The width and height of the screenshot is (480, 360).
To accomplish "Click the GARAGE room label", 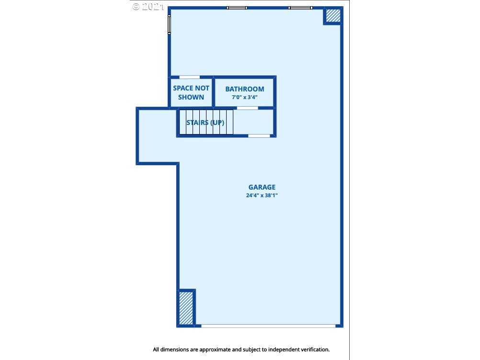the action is click(x=262, y=187).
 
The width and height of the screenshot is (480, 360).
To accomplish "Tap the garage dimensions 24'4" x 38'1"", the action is click(x=262, y=195).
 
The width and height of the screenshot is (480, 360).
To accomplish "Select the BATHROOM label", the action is click(x=245, y=89).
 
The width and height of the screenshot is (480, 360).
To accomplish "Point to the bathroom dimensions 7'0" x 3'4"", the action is click(x=245, y=97).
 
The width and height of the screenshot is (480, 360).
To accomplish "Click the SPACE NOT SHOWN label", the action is click(x=191, y=92).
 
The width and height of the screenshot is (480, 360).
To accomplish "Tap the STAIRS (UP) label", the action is click(x=206, y=123).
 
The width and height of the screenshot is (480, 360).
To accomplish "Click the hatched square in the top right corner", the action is click(x=333, y=15).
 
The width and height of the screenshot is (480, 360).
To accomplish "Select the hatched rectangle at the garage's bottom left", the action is click(x=186, y=308).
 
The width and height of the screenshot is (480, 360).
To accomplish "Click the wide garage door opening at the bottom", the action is click(x=268, y=326).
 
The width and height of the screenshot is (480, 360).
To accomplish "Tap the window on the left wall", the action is click(x=169, y=24).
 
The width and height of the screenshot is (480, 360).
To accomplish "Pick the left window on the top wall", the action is click(x=237, y=8).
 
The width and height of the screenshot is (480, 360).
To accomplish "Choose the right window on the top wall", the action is click(x=300, y=8).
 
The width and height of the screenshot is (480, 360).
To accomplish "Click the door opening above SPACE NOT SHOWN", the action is click(x=190, y=77).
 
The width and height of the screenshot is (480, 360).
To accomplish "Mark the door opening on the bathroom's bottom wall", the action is click(x=247, y=108).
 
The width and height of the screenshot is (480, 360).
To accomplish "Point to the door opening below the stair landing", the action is click(x=259, y=136).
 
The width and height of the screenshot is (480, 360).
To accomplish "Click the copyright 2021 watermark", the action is click(x=148, y=6).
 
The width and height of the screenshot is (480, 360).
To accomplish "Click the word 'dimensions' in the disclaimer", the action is click(x=175, y=349).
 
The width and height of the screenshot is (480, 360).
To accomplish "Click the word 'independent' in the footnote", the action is click(x=284, y=349).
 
